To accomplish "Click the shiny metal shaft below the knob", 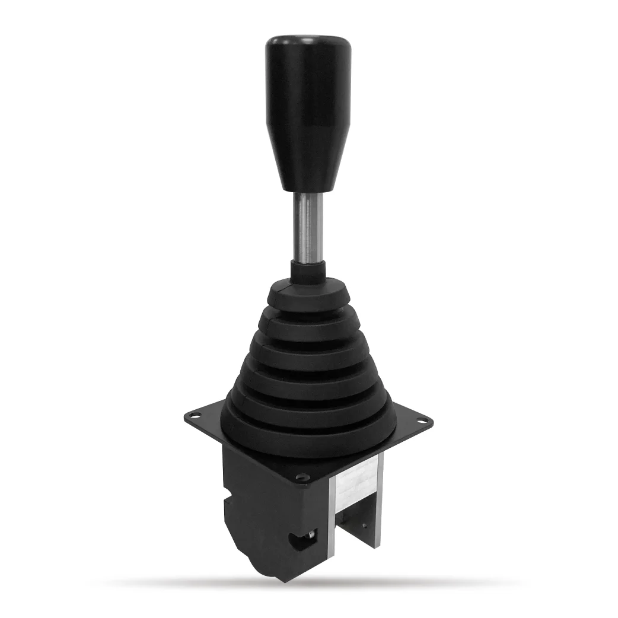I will click(308, 228).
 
